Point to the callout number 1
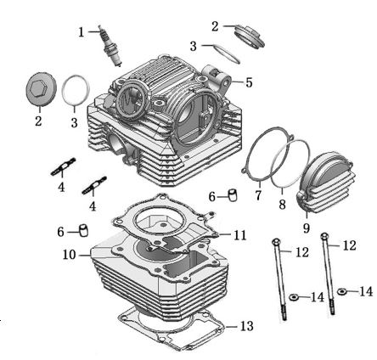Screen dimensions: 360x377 (82, 32)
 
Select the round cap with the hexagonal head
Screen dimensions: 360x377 (38, 91)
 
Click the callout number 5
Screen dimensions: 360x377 (249, 82)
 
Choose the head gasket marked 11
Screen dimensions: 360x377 (170, 222)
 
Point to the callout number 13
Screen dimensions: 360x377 (245, 326)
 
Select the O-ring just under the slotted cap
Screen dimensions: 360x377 (224, 52)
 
